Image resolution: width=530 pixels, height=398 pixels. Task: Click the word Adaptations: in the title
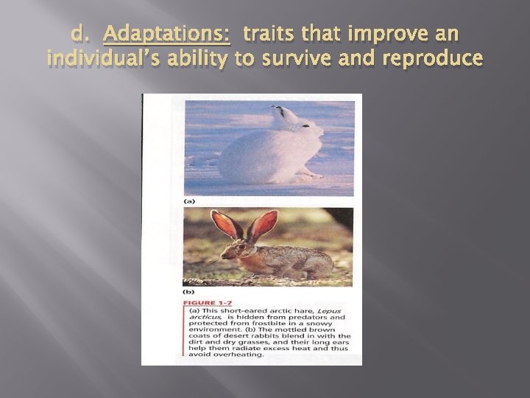tap(168, 34)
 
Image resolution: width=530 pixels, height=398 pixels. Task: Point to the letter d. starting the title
tap(82, 34)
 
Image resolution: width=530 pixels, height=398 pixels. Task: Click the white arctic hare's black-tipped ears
tap(281, 114)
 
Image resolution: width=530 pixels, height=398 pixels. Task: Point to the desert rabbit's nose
tap(224, 256)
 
